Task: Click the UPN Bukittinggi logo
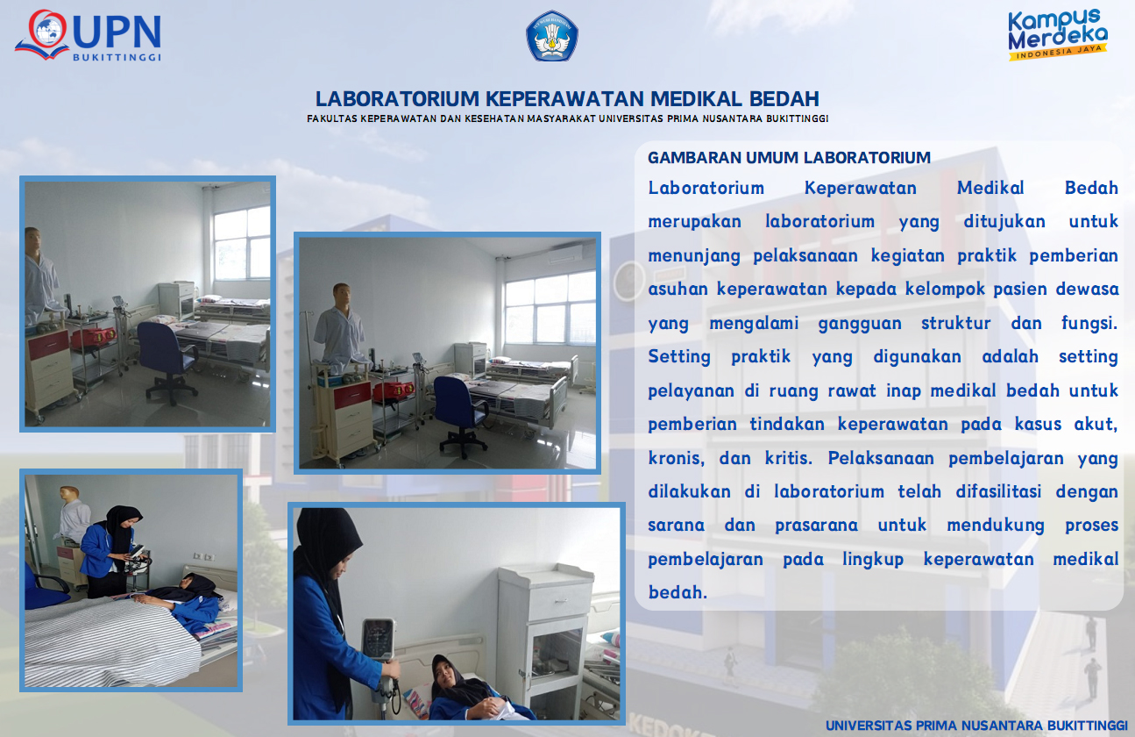coord(89,35)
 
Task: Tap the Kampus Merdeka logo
coord(1058,34)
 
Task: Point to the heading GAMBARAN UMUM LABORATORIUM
coord(789,158)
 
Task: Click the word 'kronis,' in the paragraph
coord(676,458)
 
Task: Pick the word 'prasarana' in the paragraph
coord(816,526)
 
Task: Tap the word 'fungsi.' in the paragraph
coord(1089,323)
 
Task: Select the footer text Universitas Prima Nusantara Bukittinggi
coord(976,726)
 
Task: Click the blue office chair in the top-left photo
coord(167,360)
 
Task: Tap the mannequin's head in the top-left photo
coord(33,240)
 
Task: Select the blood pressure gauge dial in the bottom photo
coord(378,640)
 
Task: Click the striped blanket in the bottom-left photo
coord(111,641)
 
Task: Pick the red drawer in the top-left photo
coord(48,345)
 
